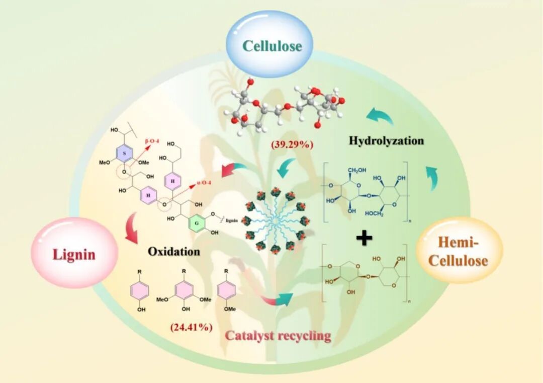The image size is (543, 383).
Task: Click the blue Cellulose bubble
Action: point(272,46)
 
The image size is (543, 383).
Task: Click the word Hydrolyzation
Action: point(386,140)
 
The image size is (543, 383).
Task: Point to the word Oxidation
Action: point(174,250)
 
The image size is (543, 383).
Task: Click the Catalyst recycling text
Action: point(278,335)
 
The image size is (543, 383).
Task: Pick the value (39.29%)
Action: point(292,144)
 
